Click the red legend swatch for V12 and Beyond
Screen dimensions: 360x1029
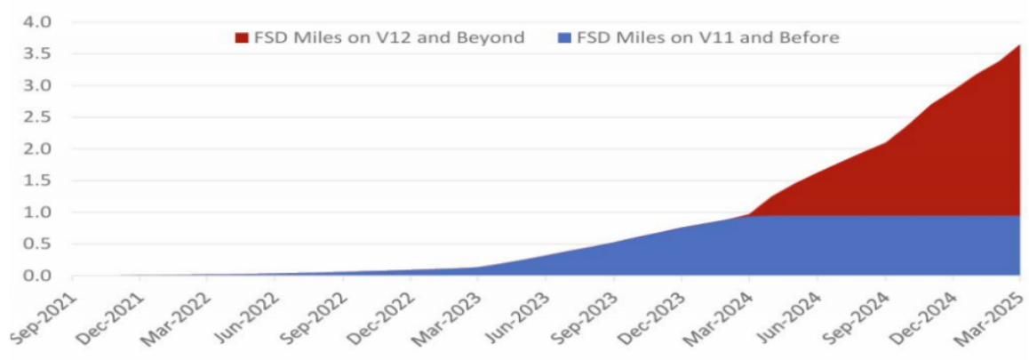[242, 37]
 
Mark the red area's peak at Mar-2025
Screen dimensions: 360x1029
[1018, 45]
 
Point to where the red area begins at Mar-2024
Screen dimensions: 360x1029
[749, 214]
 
